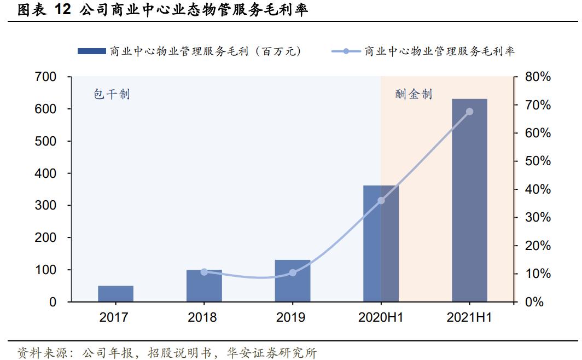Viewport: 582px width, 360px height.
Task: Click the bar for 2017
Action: [115, 294]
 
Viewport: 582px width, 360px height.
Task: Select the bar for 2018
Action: [204, 286]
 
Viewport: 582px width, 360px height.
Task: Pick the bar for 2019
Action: [292, 281]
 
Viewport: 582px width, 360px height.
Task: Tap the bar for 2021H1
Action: [469, 200]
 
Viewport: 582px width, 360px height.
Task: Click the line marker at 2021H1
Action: [469, 112]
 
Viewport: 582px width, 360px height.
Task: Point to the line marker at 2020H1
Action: [381, 200]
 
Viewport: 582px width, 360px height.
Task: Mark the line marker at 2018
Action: [204, 272]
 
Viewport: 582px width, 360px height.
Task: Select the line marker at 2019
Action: [292, 272]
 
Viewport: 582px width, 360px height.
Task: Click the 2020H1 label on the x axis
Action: [381, 317]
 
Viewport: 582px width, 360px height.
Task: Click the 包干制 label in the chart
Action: [112, 94]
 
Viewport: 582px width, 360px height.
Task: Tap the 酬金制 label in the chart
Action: [414, 94]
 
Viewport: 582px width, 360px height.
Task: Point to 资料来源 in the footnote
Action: [36, 352]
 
